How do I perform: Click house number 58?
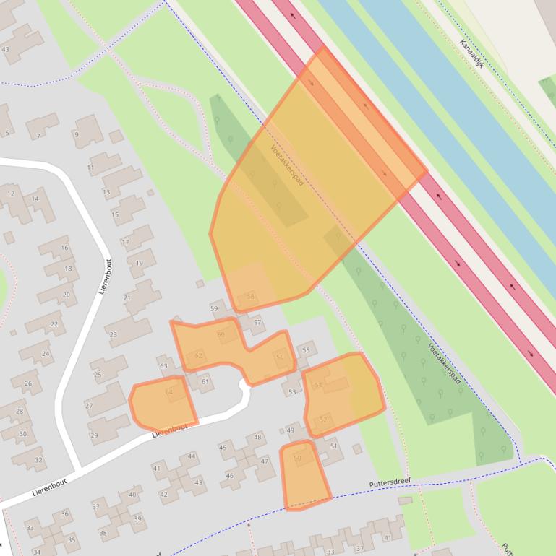coord(250,297)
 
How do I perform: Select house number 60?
coord(221,334)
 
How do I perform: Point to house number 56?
coord(280,357)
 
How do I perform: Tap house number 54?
coord(317,385)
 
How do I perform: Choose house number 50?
coord(297,458)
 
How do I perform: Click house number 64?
coord(169,392)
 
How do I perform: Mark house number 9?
coord(76,134)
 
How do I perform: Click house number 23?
coord(113,334)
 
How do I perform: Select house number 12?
coord(11,194)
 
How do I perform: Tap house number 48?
coord(257,438)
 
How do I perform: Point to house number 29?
coord(93,435)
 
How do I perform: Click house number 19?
coord(139,264)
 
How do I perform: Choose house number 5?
coord(7,133)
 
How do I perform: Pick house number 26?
coord(27,383)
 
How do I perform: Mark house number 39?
coord(137,519)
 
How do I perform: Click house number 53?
coord(292,392)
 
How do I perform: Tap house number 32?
coord(38,460)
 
